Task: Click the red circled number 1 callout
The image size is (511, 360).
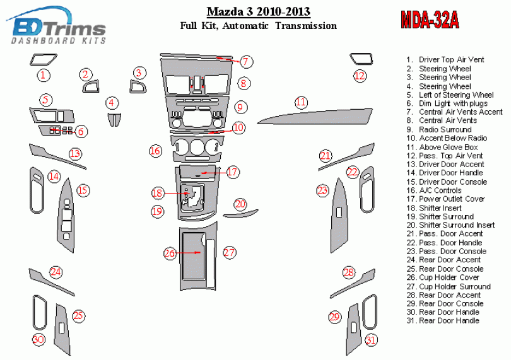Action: tap(42, 76)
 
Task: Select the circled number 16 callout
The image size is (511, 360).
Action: tap(155, 151)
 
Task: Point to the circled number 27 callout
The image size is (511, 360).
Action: tap(229, 253)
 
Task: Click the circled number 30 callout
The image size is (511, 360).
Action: tap(39, 340)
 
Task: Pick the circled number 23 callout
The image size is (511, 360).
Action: tap(322, 190)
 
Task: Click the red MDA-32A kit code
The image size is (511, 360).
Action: tap(429, 21)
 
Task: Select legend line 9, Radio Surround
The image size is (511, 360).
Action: tap(444, 129)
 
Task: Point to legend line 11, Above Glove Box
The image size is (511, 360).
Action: tap(447, 146)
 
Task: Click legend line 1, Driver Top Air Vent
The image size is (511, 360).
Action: tap(449, 59)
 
